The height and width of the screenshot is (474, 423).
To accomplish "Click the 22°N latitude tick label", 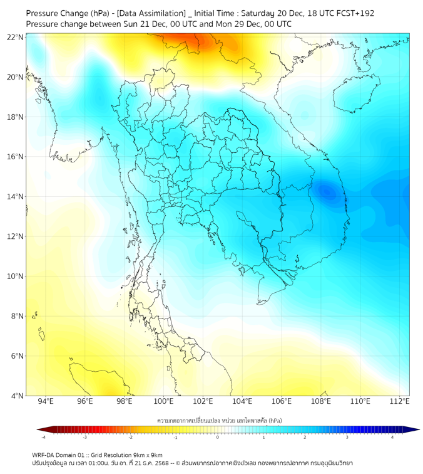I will tap(16, 37).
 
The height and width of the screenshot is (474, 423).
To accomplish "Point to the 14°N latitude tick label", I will tap(16, 197).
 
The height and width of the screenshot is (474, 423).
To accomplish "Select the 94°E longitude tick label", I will tap(46, 401).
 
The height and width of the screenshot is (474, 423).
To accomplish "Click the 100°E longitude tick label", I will tap(164, 401).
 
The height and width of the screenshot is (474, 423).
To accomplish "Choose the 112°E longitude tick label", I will tap(400, 401).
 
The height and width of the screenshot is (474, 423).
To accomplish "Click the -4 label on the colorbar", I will tap(43, 437).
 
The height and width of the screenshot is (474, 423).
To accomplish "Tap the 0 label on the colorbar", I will tap(218, 437).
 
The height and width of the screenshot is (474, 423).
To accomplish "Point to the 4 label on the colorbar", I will tap(392, 437).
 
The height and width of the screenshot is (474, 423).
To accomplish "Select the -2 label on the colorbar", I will tap(130, 437).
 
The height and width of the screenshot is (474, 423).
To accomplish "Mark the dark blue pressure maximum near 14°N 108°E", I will tap(327, 191).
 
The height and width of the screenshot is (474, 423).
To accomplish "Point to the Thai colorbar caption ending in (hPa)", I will tap(218, 419).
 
